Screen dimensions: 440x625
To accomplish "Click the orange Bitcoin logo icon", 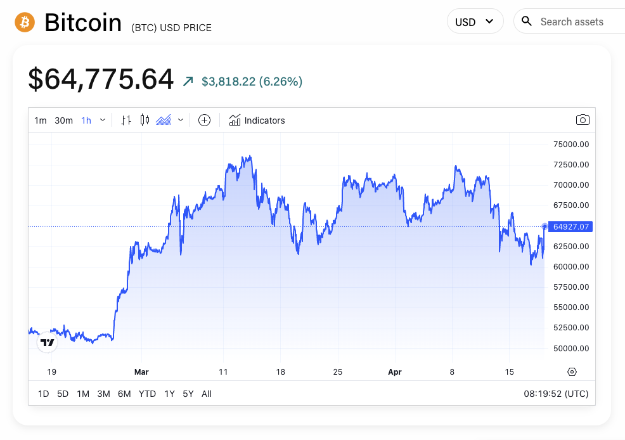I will click(x=25, y=22).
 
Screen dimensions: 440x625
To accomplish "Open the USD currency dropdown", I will click(x=475, y=22).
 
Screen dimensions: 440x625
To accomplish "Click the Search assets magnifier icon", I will click(x=527, y=22).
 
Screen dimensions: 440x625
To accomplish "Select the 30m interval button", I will click(x=63, y=120).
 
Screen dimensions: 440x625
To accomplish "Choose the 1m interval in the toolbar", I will click(x=41, y=120).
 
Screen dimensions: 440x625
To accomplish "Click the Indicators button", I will click(x=257, y=120).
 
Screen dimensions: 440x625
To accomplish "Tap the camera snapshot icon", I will click(x=583, y=120).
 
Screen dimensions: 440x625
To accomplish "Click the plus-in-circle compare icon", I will click(x=204, y=120).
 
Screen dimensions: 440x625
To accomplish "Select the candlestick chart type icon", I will click(x=145, y=120).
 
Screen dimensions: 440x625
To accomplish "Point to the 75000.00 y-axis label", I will click(x=571, y=144).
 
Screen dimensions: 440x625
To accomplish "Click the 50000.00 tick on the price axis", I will click(x=571, y=348).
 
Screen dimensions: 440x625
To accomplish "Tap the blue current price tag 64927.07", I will click(x=570, y=226).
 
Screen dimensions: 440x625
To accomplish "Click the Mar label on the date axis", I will click(x=141, y=372).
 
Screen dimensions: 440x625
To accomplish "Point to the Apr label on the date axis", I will click(x=395, y=372).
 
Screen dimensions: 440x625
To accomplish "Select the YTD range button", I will click(x=147, y=394).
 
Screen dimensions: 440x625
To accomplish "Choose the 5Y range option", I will click(x=188, y=394).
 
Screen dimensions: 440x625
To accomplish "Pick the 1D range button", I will click(x=43, y=394).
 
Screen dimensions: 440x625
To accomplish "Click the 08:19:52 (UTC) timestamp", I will click(x=556, y=394).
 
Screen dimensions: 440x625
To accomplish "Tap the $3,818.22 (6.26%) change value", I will click(x=252, y=81).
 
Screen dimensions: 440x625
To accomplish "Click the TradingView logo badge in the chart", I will click(x=47, y=342).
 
